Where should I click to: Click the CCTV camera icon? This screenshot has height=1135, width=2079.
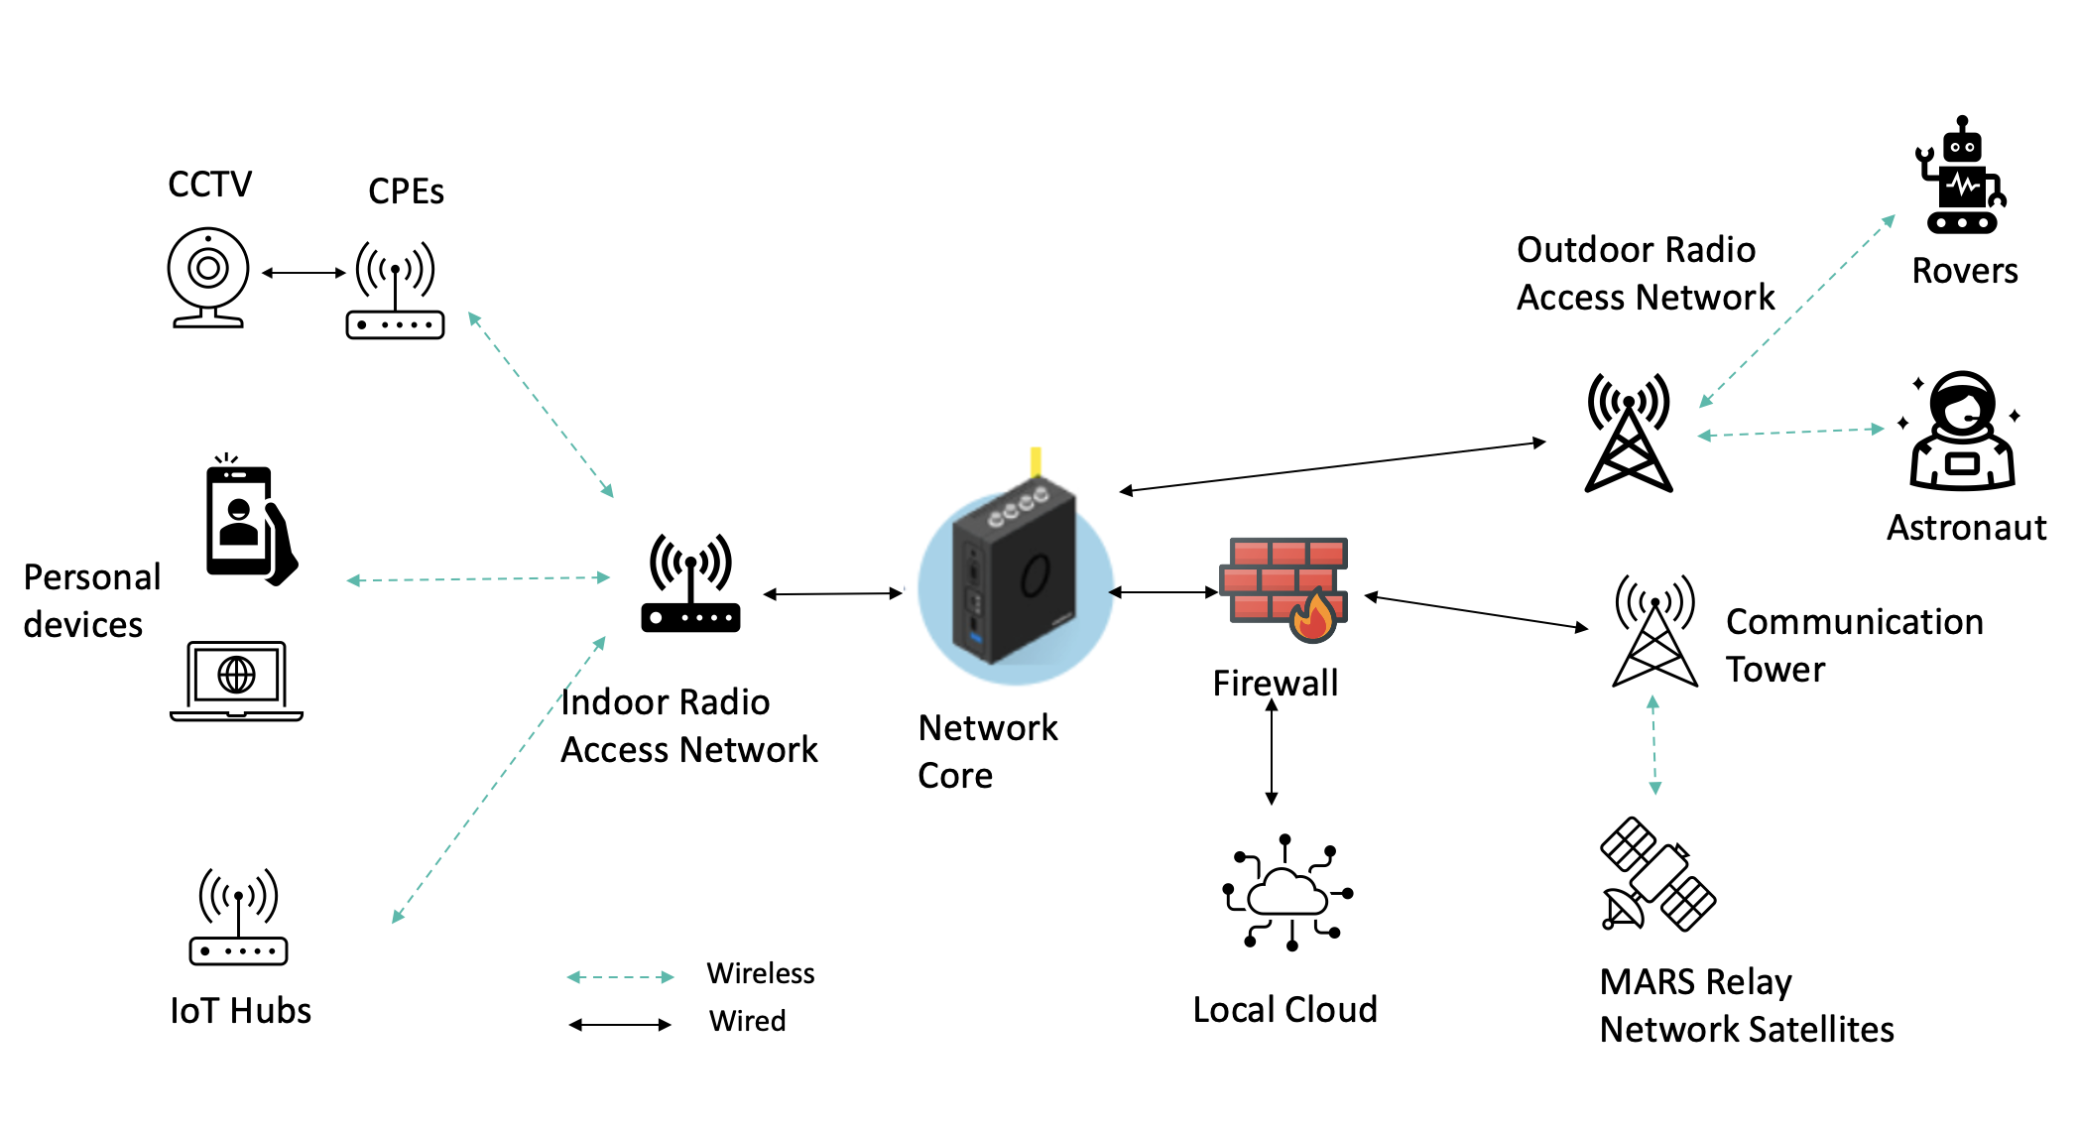coord(207,277)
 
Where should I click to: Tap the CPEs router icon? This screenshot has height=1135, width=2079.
coord(395,290)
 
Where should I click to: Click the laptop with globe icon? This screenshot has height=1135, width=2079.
coord(236,681)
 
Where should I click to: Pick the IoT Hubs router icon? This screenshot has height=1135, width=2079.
coord(238,917)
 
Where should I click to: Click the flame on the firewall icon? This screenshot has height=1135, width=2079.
coord(1314,615)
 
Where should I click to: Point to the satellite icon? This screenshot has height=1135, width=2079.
coord(1656,874)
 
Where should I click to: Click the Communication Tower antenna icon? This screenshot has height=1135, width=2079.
coord(1654,631)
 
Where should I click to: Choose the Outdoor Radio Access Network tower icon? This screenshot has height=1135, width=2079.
coord(1629,433)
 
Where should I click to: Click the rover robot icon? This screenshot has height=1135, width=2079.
coord(1960,179)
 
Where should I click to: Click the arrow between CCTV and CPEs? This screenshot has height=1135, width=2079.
coord(304,273)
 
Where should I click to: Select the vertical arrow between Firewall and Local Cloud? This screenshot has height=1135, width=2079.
coord(1272,752)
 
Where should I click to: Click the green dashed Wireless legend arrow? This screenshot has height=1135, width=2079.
coord(620,977)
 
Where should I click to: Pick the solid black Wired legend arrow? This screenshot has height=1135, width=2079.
coord(620,1025)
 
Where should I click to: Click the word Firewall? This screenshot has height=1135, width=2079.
coord(1275,683)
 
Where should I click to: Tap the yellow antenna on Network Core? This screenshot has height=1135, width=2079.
coord(1036,461)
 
